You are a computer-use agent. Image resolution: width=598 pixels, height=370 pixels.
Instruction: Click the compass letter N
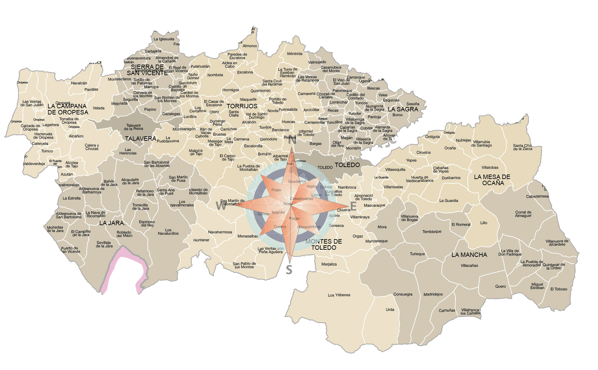292,140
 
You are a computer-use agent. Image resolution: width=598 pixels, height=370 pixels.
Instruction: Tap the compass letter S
289,270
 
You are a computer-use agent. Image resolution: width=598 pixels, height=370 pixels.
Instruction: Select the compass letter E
353,206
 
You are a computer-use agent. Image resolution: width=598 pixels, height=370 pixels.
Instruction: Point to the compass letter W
221,206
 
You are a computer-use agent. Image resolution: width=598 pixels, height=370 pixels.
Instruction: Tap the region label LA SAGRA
403,109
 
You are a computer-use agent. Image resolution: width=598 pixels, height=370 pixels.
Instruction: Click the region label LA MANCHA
469,255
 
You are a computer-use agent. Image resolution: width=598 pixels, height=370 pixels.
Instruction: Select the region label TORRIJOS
242,106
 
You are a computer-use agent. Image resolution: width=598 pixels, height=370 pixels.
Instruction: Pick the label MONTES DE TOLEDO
323,245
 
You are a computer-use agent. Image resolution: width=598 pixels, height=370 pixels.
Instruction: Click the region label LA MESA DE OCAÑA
492,180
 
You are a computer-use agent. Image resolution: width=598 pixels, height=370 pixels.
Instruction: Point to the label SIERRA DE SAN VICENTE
147,70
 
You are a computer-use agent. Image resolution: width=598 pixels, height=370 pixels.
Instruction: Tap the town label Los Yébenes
339,295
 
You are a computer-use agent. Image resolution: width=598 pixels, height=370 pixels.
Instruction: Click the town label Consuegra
403,294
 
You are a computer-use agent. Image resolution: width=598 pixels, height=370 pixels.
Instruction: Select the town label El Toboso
559,289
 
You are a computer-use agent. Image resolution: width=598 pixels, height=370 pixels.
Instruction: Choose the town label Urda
390,310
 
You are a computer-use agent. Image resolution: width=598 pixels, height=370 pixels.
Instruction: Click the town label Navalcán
79,83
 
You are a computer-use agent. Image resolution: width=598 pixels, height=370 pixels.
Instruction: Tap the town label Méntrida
295,54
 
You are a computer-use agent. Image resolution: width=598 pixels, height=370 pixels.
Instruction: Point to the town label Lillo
483,223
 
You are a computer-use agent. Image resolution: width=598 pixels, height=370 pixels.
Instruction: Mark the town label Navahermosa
220,232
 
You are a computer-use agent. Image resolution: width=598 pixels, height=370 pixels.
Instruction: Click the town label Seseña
413,104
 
